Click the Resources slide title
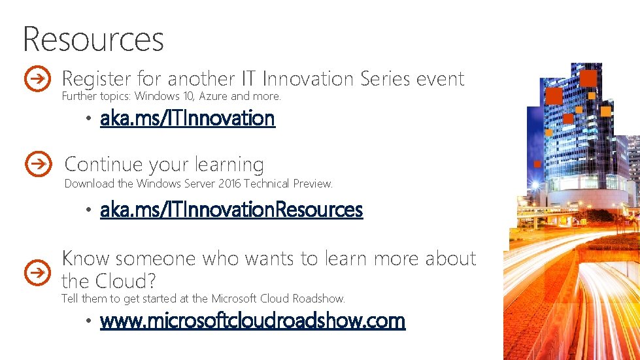93,39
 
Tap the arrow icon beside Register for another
37,79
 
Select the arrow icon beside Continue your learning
39,163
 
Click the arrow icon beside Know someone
37,270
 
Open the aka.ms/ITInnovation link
187,118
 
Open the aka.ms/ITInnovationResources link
231,210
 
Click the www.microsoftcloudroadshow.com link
252,321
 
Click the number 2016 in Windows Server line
229,184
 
